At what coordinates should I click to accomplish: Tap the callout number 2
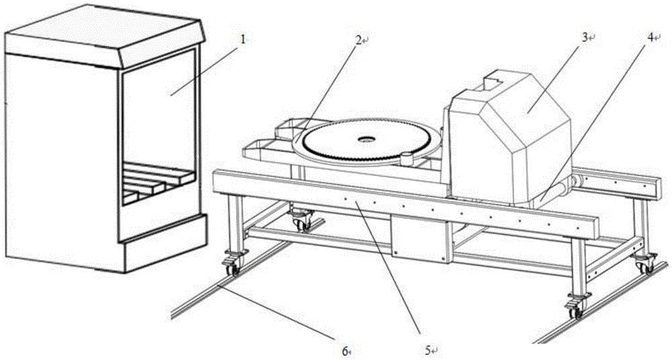(x=360, y=41)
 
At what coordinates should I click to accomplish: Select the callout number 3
(x=584, y=38)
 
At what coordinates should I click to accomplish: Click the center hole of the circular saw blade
(x=367, y=140)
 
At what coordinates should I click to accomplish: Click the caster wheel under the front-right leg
(x=575, y=310)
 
